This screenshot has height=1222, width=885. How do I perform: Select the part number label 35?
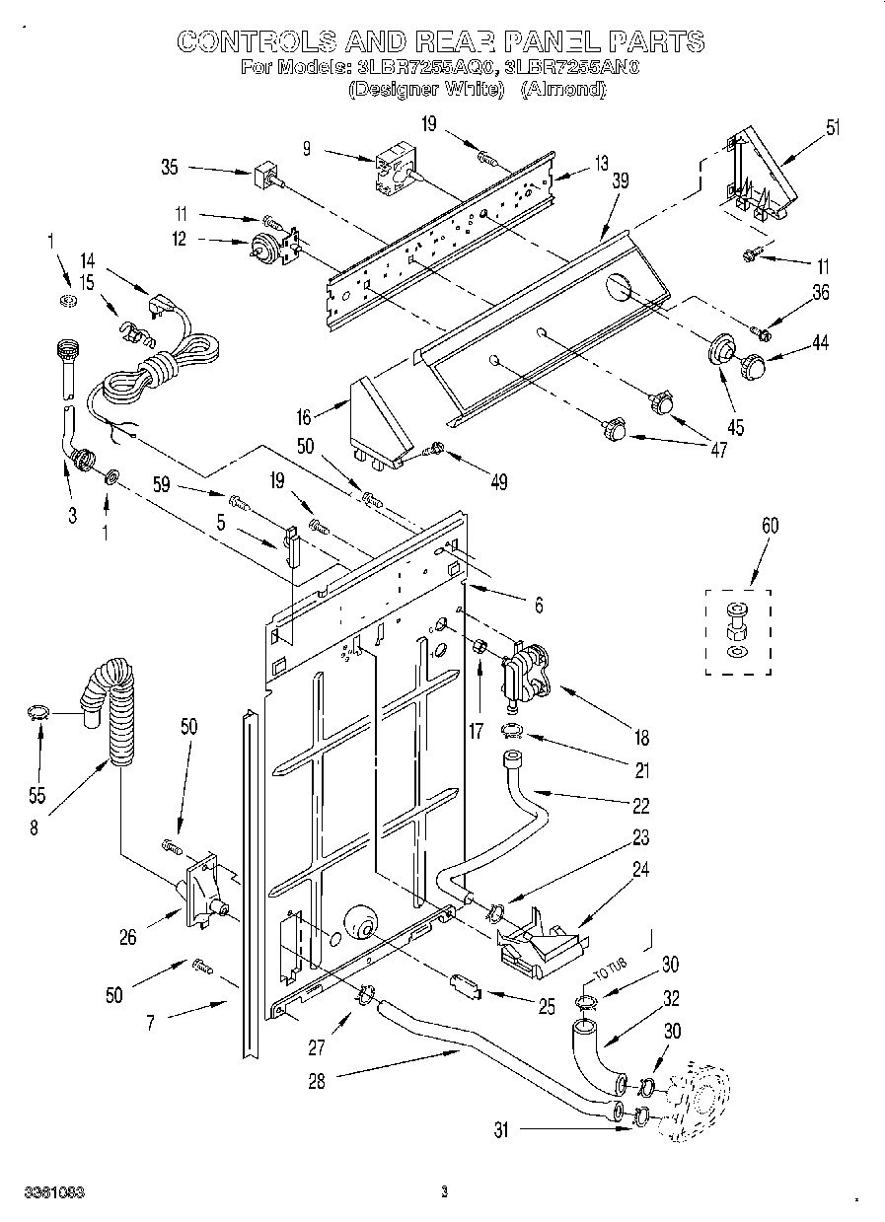tap(170, 167)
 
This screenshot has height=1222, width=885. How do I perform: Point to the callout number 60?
tap(769, 526)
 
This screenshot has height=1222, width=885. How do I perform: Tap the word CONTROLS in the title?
tap(258, 40)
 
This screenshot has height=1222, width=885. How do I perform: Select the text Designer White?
tap(426, 89)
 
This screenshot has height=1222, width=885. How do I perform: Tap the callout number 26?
tap(128, 937)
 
